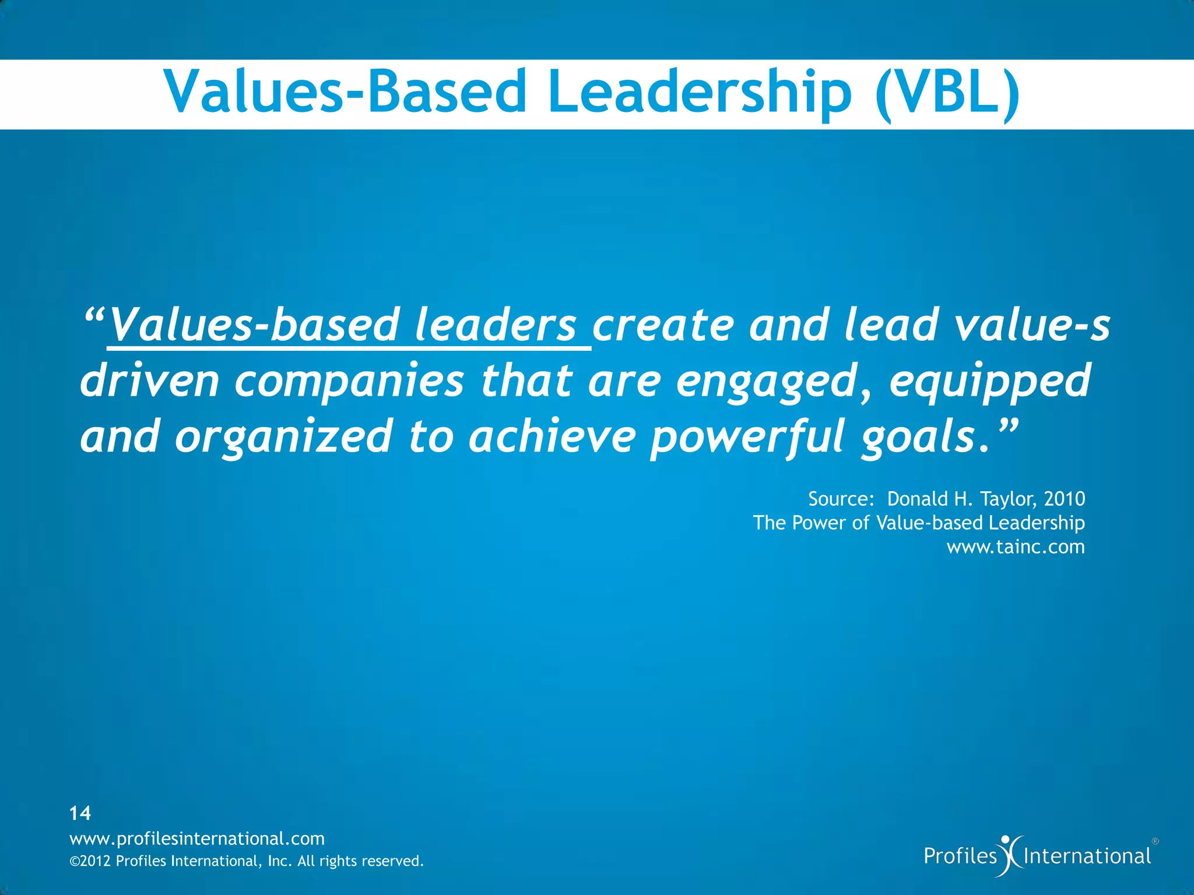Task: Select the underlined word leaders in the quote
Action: [x=496, y=326]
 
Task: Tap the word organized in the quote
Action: [x=283, y=438]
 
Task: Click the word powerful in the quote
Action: [x=747, y=438]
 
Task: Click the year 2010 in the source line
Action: [x=1065, y=499]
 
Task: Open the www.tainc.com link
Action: [x=1016, y=547]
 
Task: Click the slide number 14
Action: [x=80, y=813]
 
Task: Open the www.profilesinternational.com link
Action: [x=197, y=838]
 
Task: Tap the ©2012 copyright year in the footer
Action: [x=90, y=861]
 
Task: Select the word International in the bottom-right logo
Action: [x=1087, y=856]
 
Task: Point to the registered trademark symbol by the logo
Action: [x=1156, y=841]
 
